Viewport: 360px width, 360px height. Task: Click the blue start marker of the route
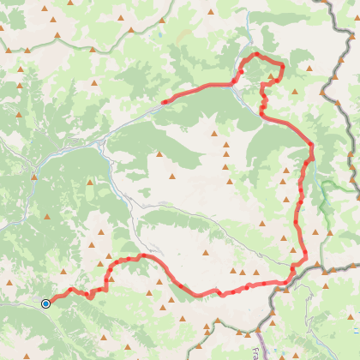point(45,303)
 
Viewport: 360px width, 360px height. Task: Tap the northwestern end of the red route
point(163,103)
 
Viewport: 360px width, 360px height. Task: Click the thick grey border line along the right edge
point(350,129)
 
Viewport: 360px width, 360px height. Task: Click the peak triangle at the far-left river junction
point(34,177)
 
